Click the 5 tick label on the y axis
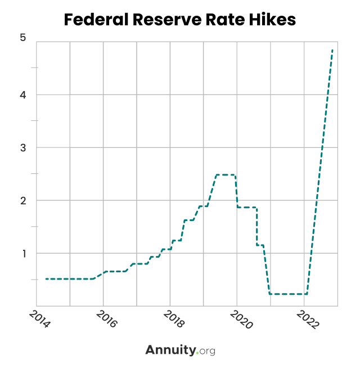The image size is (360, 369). pos(22,38)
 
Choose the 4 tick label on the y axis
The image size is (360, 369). pos(22,94)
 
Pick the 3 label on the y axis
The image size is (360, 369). pos(22,147)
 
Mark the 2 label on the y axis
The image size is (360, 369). pos(22,200)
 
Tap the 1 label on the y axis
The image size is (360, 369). pos(22,253)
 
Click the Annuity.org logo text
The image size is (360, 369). pos(180,350)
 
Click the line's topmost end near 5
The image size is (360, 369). pos(332,50)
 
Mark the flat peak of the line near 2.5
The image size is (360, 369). pos(226,175)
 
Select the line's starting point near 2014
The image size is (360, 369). pos(46,279)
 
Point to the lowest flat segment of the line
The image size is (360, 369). pos(288,294)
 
